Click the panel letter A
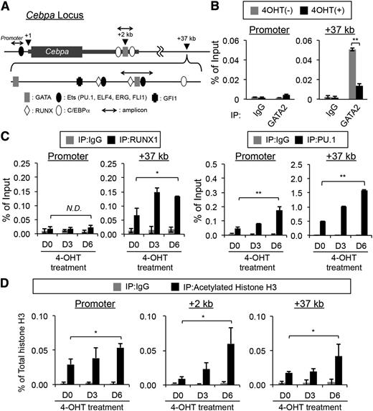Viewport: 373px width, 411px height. tap(6, 6)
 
